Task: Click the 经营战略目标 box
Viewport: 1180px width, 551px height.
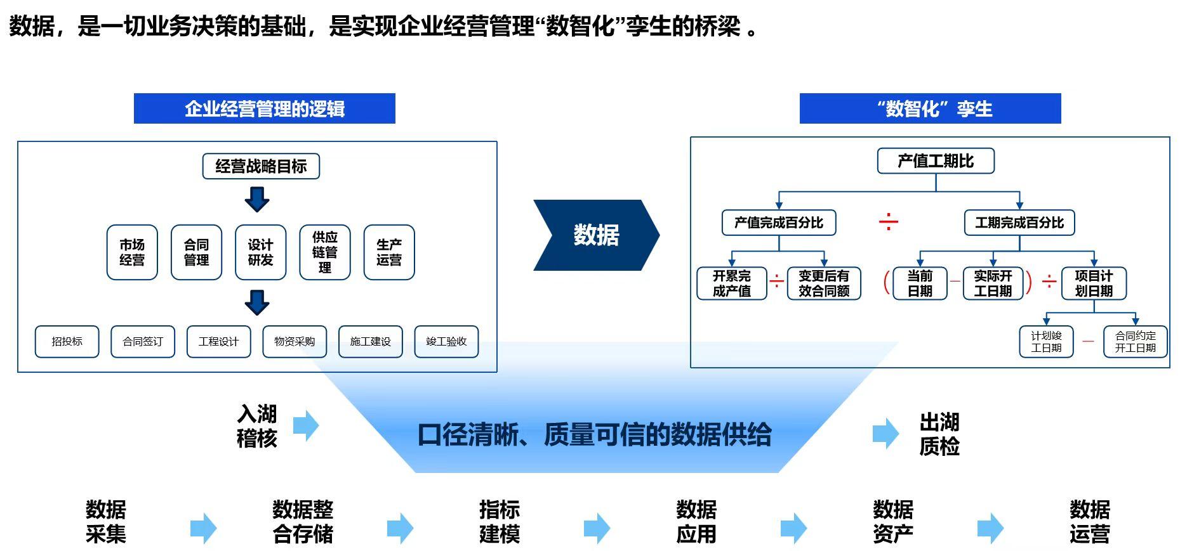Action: pos(261,166)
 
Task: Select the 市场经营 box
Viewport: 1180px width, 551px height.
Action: pos(132,252)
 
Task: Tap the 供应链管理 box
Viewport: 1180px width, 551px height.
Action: pos(324,252)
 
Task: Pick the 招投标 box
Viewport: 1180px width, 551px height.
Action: pos(67,342)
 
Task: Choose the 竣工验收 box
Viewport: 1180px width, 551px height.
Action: pos(446,342)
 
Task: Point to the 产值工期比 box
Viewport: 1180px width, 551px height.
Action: pos(936,161)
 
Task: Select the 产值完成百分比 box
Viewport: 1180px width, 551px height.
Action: pos(779,223)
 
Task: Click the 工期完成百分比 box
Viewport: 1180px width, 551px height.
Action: pos(1019,223)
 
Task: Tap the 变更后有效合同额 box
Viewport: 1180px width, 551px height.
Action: pos(824,283)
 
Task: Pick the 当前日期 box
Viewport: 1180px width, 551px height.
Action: pos(920,283)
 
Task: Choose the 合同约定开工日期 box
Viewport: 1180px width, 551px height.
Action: pos(1136,342)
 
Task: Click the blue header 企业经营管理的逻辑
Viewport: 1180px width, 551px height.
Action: pos(265,108)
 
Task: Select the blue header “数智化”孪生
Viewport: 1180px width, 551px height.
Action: pos(931,108)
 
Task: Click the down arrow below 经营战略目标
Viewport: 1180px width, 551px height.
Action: pos(257,199)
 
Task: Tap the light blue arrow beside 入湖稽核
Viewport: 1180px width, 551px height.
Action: pos(306,425)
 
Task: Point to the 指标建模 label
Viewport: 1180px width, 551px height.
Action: pos(500,522)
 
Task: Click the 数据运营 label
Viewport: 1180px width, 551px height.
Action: pos(1090,522)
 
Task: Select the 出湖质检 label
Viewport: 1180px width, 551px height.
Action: pos(939,434)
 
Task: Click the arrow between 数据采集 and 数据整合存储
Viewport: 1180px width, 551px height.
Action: pos(204,528)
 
